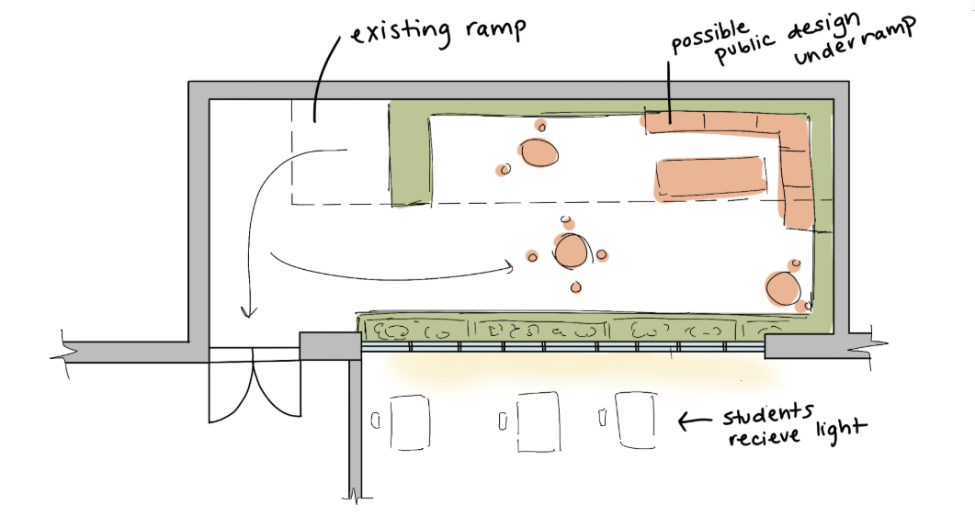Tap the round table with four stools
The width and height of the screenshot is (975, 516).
tap(569, 251)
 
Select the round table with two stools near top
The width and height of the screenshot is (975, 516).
tap(538, 152)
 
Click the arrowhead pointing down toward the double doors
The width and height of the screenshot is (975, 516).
tap(249, 310)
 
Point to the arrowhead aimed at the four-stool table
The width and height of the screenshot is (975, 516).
tap(511, 267)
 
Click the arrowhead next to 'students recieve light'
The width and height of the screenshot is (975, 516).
tap(683, 421)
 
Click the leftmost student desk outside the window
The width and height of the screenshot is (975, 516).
tap(410, 422)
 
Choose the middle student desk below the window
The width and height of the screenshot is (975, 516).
tap(538, 421)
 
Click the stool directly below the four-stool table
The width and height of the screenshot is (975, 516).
tap(576, 286)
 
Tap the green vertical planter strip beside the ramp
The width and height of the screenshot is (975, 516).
tap(410, 153)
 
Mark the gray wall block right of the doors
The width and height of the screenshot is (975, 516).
tap(330, 346)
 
